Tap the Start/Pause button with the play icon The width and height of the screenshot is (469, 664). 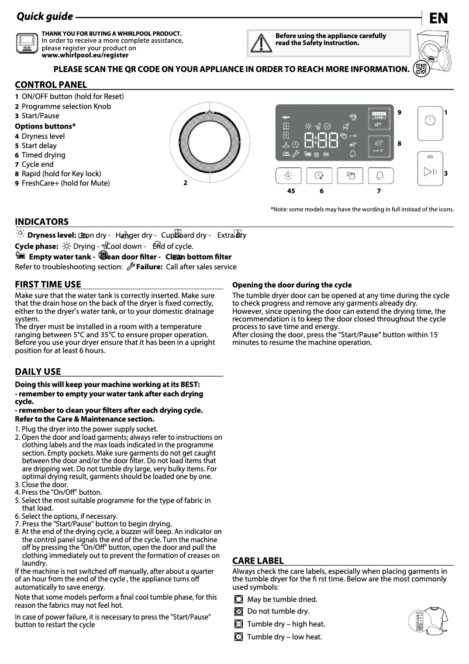[430, 170]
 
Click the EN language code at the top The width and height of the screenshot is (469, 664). [439, 18]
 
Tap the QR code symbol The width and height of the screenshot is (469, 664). [419, 69]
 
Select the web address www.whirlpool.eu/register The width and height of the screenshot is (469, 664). [85, 55]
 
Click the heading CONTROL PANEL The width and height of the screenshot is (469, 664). [51, 85]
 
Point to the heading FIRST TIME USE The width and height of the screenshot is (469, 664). [48, 285]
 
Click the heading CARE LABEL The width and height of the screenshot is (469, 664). [258, 561]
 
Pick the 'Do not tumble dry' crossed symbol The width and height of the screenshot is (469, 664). [238, 612]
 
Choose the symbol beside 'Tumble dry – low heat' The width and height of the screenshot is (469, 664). [238, 637]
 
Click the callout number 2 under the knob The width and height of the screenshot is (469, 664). [185, 183]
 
